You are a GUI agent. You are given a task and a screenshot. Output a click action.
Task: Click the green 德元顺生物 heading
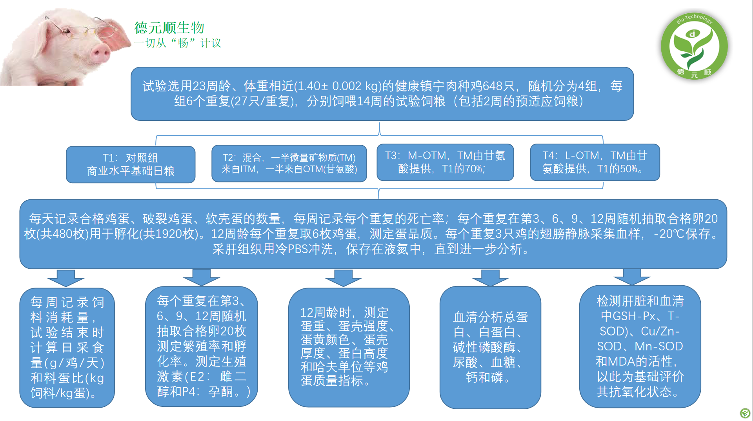(x=169, y=27)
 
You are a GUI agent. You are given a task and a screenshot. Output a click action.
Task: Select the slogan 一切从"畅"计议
(x=178, y=43)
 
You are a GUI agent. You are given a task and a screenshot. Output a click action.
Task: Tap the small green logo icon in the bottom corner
(x=745, y=413)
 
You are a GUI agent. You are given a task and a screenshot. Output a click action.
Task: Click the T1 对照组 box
(x=131, y=164)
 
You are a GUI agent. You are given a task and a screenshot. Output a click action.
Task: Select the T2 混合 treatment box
(x=289, y=163)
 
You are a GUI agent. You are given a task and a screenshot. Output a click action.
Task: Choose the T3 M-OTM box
(x=445, y=162)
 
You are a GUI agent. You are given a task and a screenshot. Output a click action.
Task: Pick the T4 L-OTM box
(x=595, y=162)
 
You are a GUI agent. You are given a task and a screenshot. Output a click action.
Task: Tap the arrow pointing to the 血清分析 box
(x=490, y=278)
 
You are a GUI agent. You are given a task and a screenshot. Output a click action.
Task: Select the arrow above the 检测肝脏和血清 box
(x=632, y=277)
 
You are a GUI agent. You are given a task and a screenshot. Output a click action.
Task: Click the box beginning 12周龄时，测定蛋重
(x=349, y=347)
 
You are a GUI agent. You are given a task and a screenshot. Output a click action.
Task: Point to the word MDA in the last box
(x=621, y=361)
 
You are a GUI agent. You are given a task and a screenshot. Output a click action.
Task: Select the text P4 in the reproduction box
(x=187, y=392)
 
